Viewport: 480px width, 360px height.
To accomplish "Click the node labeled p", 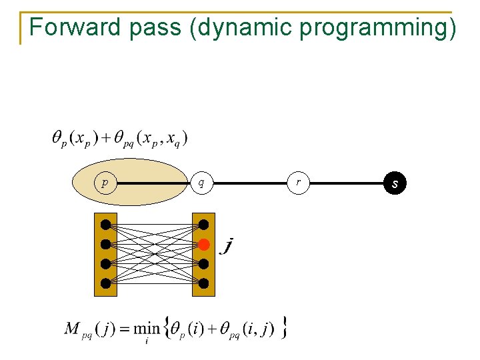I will point(105,182).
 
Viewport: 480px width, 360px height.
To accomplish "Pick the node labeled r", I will point(299,182).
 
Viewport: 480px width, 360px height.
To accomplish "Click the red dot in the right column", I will point(204,245).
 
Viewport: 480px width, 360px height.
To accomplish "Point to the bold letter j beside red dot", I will point(228,247).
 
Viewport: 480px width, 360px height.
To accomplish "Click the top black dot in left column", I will point(105,224).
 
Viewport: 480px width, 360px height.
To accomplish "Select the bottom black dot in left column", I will point(105,283).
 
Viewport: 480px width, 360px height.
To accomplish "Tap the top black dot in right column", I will point(203,224).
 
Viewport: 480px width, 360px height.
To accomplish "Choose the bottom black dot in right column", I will point(203,283).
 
